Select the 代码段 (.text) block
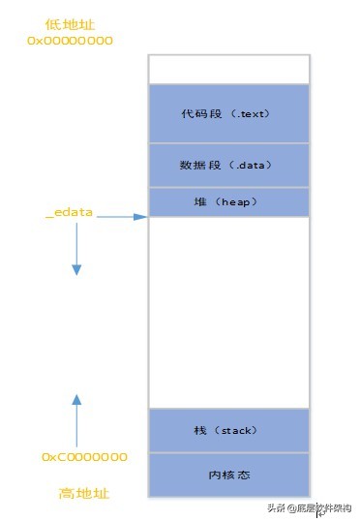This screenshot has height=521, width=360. (x=228, y=113)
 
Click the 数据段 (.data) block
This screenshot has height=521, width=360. (x=228, y=166)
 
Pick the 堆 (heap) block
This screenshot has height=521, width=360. (x=228, y=200)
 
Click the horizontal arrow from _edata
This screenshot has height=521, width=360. (x=120, y=217)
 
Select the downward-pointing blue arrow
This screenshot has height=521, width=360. (x=76, y=256)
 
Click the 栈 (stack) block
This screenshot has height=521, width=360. (x=228, y=430)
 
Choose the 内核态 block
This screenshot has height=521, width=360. (x=228, y=475)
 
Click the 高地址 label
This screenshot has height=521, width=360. (x=83, y=493)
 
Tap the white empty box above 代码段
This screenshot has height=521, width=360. (x=228, y=69)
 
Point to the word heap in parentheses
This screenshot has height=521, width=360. (x=238, y=200)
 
